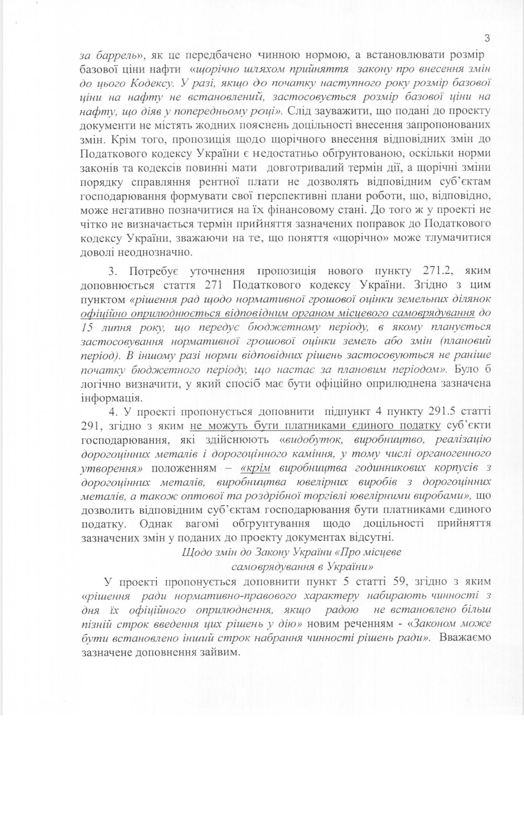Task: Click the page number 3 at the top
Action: [x=487, y=38]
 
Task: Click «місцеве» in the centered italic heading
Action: [x=378, y=552]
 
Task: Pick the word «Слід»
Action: [x=299, y=111]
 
